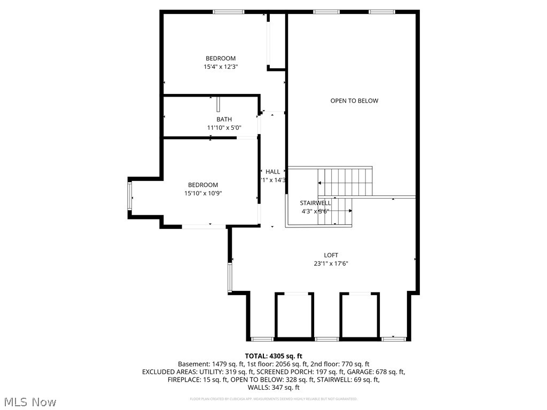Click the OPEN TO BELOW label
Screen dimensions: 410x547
(354, 101)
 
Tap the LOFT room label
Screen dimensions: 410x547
(331, 255)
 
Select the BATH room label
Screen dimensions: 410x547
(224, 120)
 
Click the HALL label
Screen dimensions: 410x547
(273, 172)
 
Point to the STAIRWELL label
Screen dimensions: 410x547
(315, 203)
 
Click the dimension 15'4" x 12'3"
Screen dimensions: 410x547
(220, 67)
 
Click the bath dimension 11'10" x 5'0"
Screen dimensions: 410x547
(224, 128)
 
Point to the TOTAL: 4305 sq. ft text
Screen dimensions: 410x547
(273, 356)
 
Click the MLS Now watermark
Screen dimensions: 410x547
(30, 401)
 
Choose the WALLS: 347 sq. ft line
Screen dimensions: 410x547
(273, 388)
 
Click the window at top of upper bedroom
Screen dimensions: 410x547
(229, 11)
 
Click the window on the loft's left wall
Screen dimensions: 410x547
(230, 277)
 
